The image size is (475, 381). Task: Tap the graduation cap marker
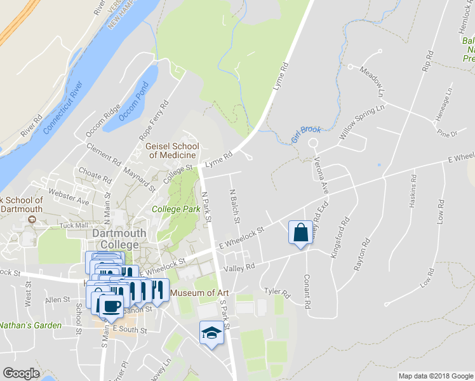[x=211, y=332]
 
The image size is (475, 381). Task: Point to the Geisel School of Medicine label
[x=171, y=150]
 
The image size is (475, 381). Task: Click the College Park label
[x=171, y=208]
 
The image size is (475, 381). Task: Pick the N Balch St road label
[x=234, y=206]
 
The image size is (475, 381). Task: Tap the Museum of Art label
[x=200, y=293]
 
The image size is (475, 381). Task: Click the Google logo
[x=21, y=373]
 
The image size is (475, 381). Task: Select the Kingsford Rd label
[x=340, y=238]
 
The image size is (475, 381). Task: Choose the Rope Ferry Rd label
[x=154, y=121]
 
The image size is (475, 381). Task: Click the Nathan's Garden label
[x=30, y=325]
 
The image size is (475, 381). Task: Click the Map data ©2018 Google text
[x=436, y=376]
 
